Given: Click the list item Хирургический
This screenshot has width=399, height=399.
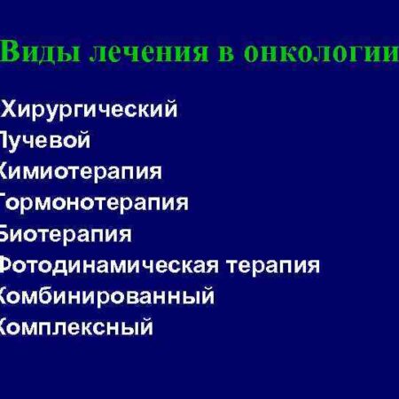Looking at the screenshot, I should (x=91, y=110).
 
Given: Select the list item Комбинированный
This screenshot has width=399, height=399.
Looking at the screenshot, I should (x=106, y=296).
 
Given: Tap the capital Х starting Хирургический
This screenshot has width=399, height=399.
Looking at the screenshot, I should (x=12, y=110).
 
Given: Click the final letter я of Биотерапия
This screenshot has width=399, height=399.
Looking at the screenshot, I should (x=125, y=234).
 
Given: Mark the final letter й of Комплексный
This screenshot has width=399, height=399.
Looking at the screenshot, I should (x=146, y=326).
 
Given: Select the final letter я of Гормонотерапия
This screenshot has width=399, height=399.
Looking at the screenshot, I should (x=182, y=202).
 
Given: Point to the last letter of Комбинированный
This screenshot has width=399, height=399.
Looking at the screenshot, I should (x=207, y=295).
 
